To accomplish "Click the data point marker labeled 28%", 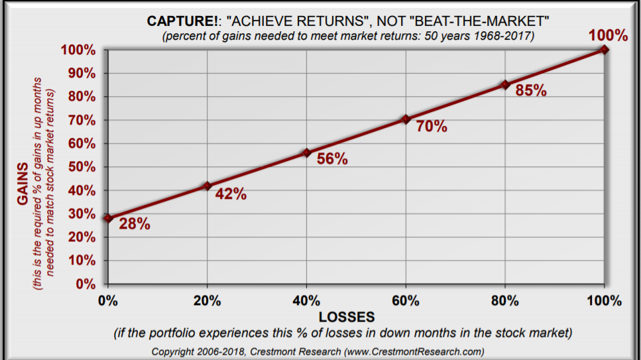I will [108, 218].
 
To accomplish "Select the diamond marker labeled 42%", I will [207, 186].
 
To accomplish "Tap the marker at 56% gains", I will [306, 152].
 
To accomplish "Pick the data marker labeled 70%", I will [406, 119].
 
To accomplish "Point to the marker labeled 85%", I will [505, 85].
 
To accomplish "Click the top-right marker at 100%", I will [605, 49].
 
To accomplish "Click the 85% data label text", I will [531, 91].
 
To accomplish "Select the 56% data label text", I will [332, 159].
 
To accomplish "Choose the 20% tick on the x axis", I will [207, 301].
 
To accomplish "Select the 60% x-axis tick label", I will [406, 301].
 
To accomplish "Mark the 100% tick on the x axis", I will [604, 301].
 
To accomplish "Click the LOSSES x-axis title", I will [347, 317].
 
